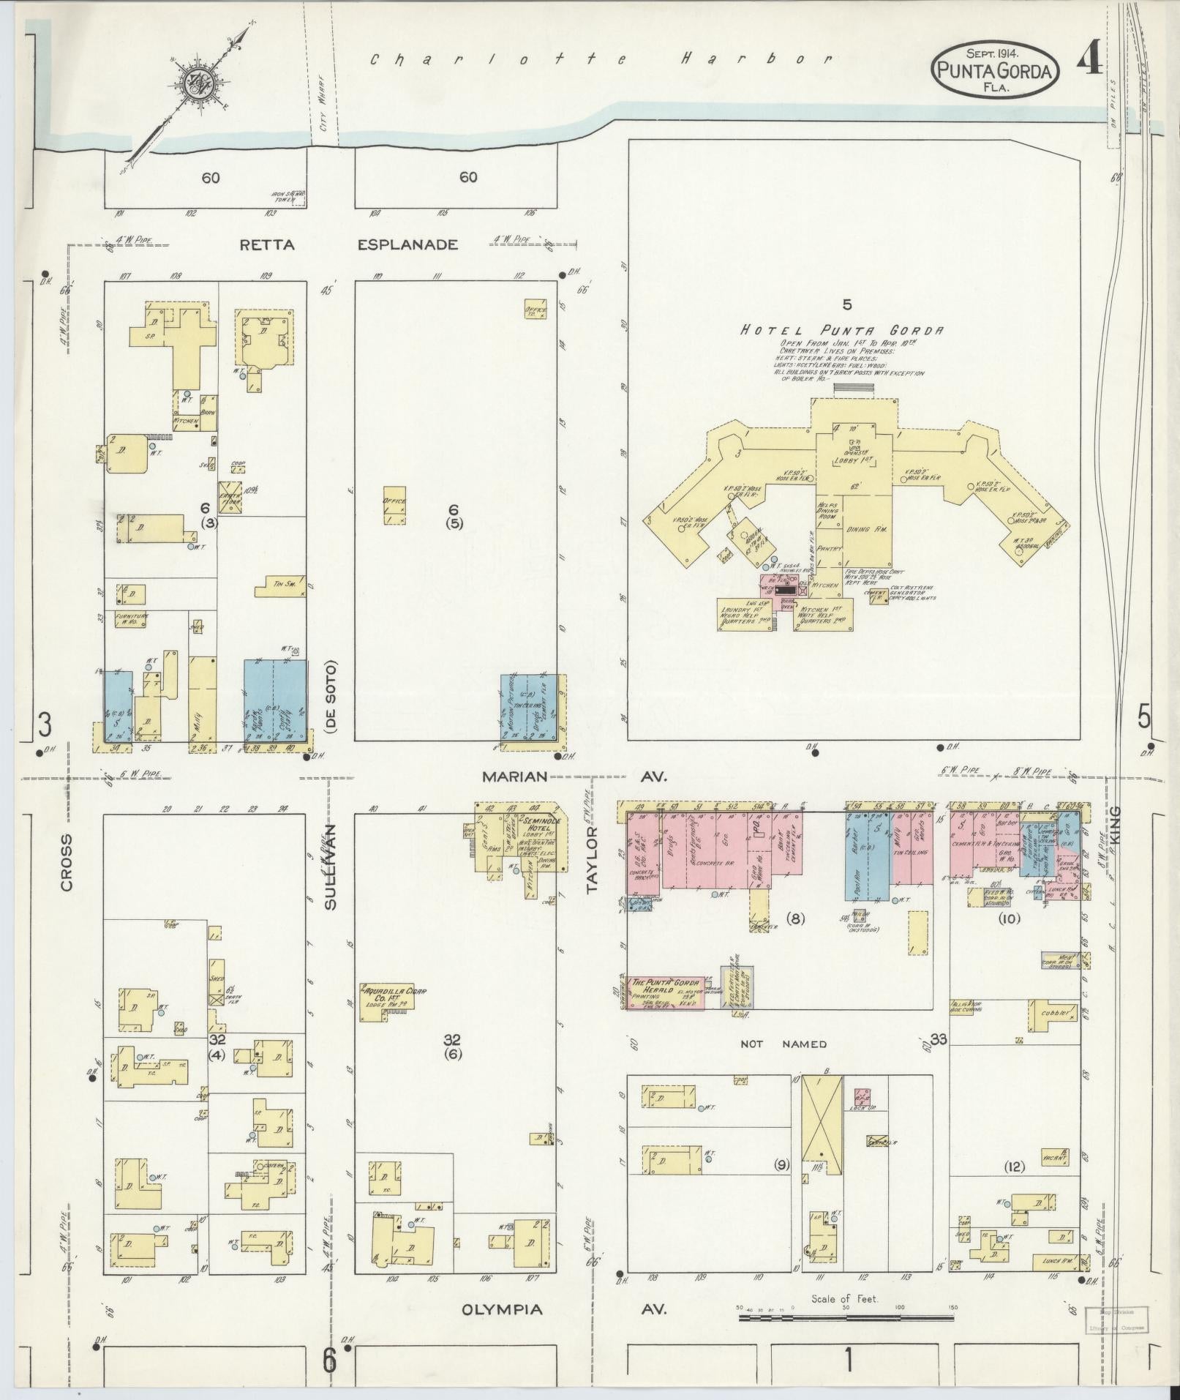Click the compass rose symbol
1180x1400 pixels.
[x=198, y=85]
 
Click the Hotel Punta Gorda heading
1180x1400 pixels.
[x=841, y=330]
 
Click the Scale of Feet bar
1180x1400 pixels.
[x=846, y=1317]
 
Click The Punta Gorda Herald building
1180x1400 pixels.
[x=664, y=992]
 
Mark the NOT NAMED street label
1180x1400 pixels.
[x=783, y=1044]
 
